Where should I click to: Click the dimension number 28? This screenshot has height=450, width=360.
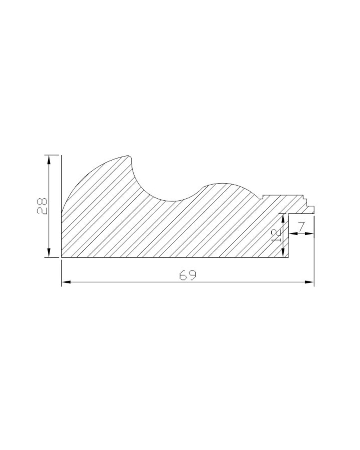click(42, 206)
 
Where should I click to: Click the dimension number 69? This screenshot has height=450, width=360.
click(188, 275)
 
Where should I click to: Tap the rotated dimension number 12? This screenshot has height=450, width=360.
click(276, 236)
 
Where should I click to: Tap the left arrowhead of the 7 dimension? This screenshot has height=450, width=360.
click(293, 233)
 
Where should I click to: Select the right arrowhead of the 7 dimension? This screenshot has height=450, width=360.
click(310, 233)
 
